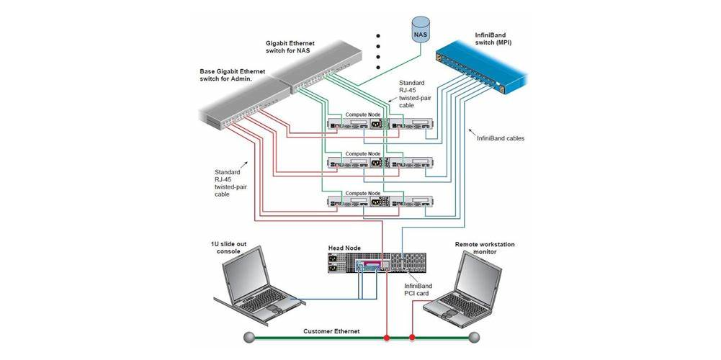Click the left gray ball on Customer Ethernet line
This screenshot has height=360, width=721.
(x=248, y=337)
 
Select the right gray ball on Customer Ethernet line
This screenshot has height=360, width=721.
(x=473, y=337)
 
